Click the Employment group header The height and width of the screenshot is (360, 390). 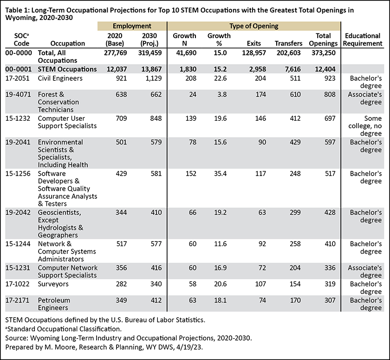pos(132,26)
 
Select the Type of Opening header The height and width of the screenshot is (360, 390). pos(253,26)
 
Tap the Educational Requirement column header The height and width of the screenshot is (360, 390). pos(363,39)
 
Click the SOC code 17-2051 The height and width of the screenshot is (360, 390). pos(18,79)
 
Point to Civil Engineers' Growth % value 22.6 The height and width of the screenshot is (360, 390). pos(221,79)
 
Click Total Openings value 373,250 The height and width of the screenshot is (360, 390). pos(323,53)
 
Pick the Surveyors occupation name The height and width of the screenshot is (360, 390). pos(53,284)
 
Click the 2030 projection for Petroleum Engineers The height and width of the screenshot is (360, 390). pos(156,300)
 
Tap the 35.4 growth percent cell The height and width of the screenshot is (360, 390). pos(221,173)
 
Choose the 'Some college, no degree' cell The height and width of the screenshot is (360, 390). pos(365,126)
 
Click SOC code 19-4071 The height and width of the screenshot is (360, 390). pos(18,95)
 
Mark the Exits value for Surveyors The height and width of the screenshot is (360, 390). pos(260,284)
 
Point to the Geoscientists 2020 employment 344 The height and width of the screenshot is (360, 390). pos(121,212)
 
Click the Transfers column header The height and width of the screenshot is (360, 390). pos(288,44)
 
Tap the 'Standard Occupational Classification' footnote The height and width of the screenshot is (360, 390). pos(64,329)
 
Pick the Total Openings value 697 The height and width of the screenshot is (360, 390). pos(330,118)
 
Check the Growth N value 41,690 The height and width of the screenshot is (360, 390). pos(186,53)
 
